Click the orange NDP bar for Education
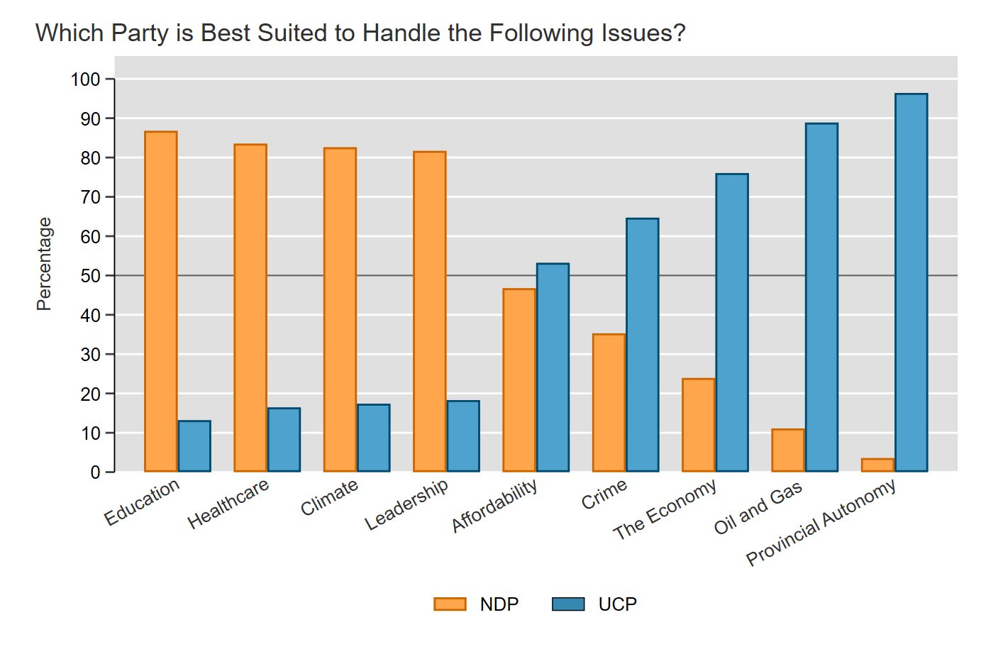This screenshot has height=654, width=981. pos(161,301)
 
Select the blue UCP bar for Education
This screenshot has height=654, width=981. pos(194,446)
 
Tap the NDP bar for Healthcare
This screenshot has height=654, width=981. pos(250,308)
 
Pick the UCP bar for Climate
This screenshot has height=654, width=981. pos(374,438)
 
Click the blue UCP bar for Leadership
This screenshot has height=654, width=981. pos(463,436)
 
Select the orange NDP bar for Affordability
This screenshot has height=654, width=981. pos(519,380)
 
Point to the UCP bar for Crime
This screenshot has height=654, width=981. pos(643,345)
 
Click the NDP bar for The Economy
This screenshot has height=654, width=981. pos(699,425)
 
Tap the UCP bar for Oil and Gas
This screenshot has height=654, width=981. pos(821,297)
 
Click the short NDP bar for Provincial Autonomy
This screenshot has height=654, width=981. pos(878,465)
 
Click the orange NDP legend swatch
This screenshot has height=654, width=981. pos(450,604)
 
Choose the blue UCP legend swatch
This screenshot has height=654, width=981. pos(568,604)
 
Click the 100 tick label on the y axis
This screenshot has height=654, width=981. pos(86,79)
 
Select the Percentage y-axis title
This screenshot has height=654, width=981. pos(44,264)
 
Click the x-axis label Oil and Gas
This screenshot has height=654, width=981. pos(758,508)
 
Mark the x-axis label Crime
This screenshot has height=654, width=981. pos(604,494)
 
